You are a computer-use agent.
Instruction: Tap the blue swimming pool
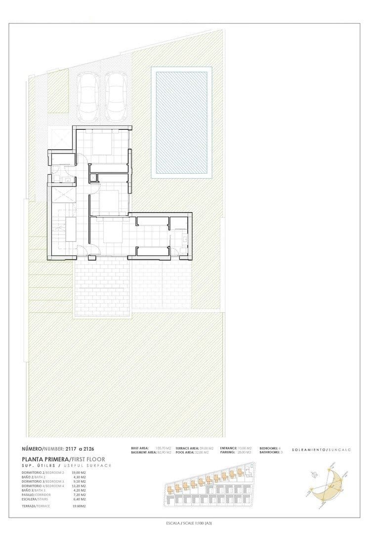coord(181,122)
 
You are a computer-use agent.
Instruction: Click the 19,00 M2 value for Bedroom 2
coord(79,473)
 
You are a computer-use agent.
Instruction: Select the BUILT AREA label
coord(139,448)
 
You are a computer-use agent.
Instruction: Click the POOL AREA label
coord(186,452)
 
